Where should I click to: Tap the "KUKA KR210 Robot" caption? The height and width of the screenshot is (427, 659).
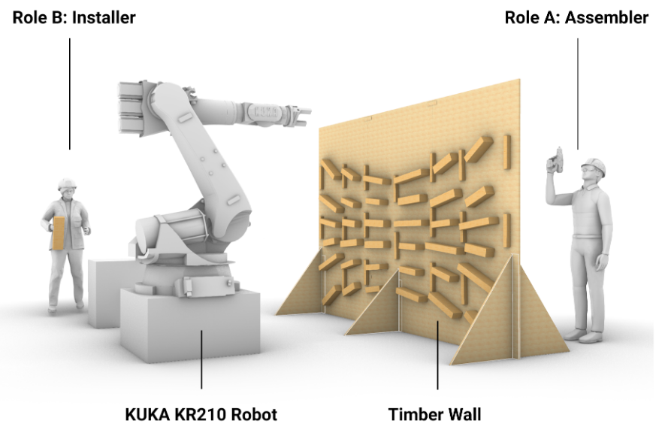(x=201, y=414)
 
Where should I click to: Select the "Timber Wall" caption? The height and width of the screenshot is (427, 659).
(x=434, y=414)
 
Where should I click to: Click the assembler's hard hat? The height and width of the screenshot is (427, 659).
(x=594, y=165)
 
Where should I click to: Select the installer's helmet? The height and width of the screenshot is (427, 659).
(x=66, y=183)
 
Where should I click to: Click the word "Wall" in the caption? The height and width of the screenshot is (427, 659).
(x=464, y=414)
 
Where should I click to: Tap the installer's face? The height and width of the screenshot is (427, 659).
(x=67, y=192)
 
